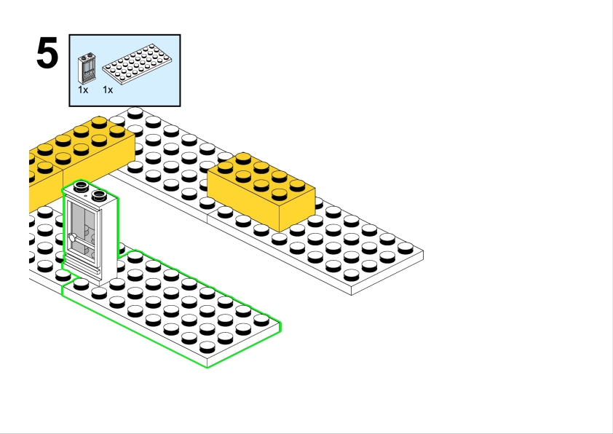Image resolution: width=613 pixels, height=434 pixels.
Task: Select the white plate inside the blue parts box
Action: click(x=137, y=64)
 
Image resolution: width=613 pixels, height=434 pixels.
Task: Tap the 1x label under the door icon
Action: click(x=83, y=90)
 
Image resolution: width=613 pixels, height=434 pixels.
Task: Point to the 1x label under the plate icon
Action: click(x=108, y=90)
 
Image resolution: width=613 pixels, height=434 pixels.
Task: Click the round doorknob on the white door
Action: click(x=72, y=237)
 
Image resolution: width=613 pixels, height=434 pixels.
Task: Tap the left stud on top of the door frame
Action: click(x=81, y=186)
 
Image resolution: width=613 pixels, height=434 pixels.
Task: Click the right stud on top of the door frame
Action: click(x=99, y=194)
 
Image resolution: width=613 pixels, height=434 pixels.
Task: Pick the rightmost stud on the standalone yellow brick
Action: click(x=298, y=185)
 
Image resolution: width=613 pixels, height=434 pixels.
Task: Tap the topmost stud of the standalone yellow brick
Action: click(x=243, y=157)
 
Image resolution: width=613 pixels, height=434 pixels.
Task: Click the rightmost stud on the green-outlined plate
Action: click(x=261, y=320)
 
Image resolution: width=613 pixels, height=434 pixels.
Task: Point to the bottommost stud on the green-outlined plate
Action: click(x=207, y=347)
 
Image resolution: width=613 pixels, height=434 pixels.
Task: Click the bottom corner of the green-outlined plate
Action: click(x=207, y=367)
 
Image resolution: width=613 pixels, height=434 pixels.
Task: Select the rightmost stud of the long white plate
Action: click(x=406, y=248)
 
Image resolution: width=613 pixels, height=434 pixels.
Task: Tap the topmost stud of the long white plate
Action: click(x=135, y=113)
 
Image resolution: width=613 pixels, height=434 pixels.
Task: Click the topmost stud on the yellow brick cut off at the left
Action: click(x=99, y=122)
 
